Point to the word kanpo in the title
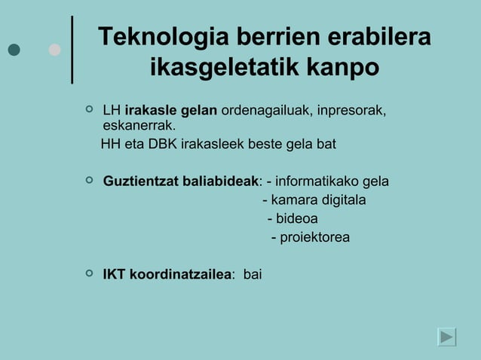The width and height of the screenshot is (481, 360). (342, 69)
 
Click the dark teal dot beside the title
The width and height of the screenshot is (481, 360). (14, 50)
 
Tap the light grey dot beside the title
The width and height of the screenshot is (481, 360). (54, 50)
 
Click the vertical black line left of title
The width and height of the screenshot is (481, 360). (72, 49)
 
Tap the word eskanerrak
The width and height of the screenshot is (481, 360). (139, 126)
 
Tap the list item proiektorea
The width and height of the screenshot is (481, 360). (314, 238)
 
